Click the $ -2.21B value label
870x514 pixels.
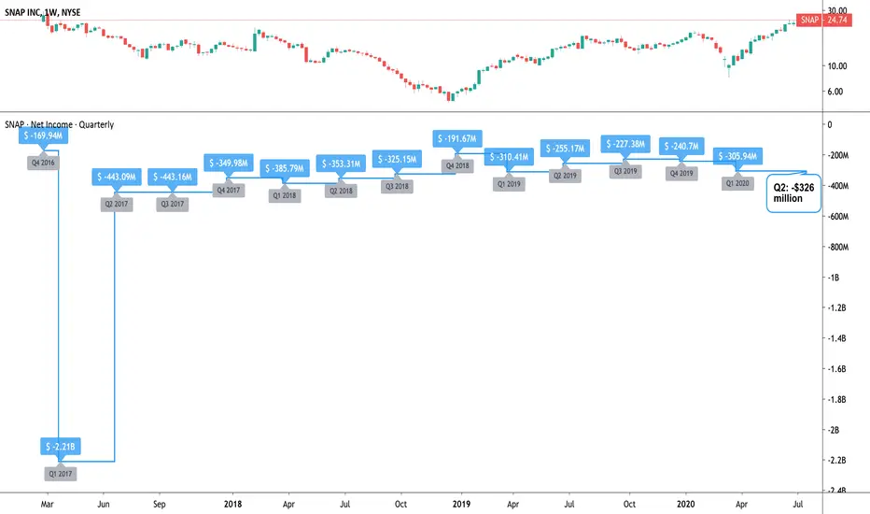(x=61, y=446)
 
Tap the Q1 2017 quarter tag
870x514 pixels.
(x=61, y=474)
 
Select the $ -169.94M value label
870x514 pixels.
(x=43, y=136)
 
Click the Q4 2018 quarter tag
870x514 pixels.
(x=457, y=165)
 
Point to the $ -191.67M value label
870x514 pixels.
(x=457, y=138)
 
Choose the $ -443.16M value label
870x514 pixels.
(x=173, y=177)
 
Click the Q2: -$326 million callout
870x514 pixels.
(x=793, y=193)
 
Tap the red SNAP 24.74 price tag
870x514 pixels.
(x=823, y=20)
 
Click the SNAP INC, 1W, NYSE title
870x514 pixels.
(x=43, y=12)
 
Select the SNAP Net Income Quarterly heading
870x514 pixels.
(x=60, y=124)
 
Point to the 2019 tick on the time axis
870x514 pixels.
(x=461, y=504)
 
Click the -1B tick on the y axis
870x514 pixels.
(x=834, y=278)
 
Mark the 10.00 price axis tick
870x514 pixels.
(x=836, y=65)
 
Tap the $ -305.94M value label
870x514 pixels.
(x=737, y=156)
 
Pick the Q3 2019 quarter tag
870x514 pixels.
(x=625, y=171)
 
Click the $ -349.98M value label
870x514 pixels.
(x=229, y=163)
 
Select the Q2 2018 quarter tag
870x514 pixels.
(x=342, y=191)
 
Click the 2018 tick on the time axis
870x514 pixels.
(x=233, y=504)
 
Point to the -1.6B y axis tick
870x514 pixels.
(x=836, y=368)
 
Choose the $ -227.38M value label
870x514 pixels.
(x=625, y=144)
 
